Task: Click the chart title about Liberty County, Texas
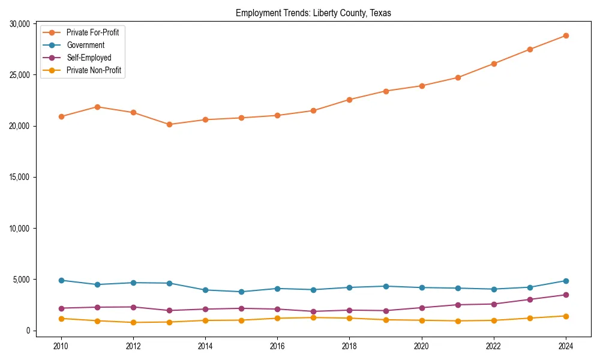313,13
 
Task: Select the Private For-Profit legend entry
92,32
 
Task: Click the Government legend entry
85,45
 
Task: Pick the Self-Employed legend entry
89,58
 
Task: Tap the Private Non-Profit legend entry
94,70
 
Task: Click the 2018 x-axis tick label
349,346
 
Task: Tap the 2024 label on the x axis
566,346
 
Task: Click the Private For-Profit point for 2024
566,35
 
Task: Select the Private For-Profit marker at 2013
169,124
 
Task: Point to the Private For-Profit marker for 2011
97,107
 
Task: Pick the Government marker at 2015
241,292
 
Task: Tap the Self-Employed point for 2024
566,295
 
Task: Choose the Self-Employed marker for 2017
313,311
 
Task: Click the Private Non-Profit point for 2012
133,322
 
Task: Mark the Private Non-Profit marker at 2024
566,316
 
